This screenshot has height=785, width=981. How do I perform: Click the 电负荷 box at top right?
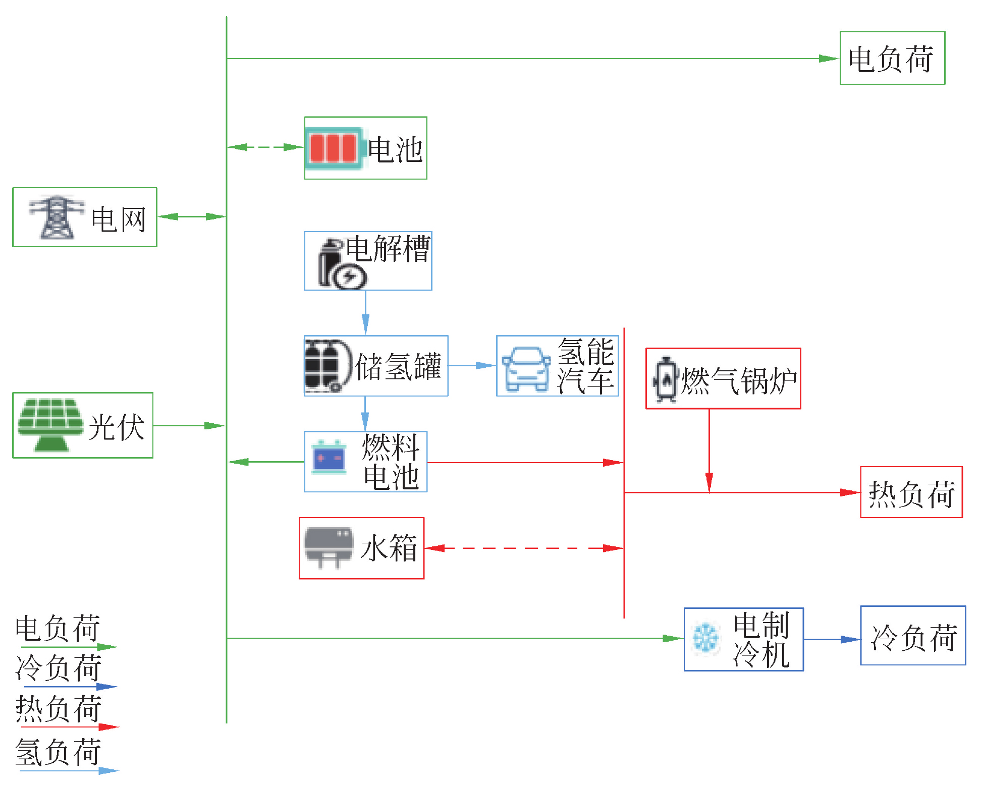coord(892,58)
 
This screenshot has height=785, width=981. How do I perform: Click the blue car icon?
coord(526,369)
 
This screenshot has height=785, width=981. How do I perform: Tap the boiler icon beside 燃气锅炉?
coord(665,379)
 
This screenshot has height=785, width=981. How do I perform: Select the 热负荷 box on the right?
coord(911,492)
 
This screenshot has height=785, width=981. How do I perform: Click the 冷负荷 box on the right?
coord(912,636)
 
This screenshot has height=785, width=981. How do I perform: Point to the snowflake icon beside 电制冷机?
coord(705,638)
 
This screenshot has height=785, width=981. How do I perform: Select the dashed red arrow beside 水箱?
coord(524,548)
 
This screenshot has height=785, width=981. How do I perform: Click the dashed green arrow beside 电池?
coord(265,147)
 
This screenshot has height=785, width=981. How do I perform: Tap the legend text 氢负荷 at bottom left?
coord(58,752)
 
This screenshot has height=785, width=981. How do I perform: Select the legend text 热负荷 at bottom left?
coord(58,708)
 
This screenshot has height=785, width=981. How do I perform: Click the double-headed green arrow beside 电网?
coord(192,217)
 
